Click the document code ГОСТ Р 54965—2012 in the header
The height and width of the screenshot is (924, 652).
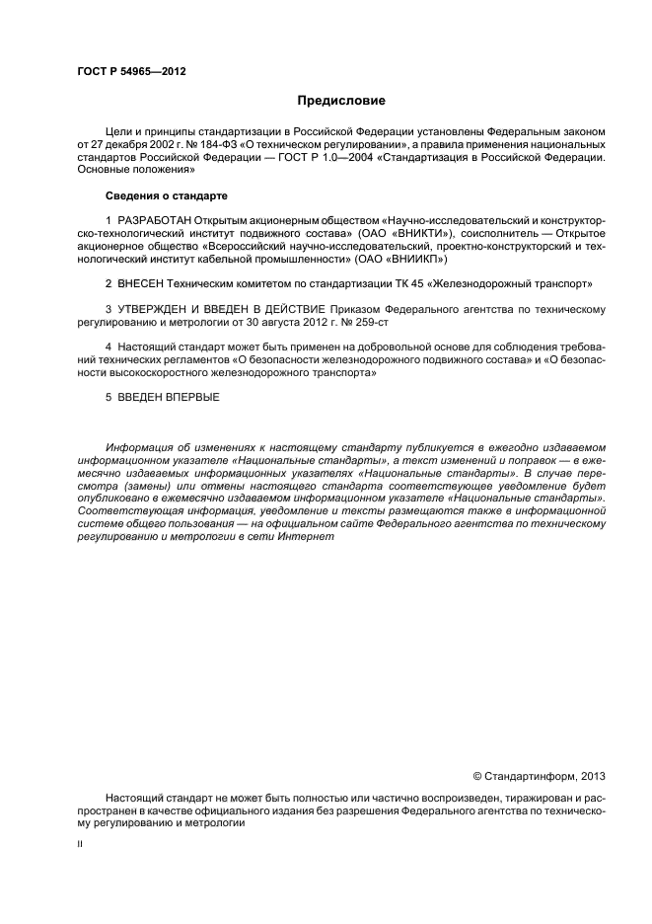click(x=131, y=72)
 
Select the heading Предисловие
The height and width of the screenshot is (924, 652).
click(x=342, y=101)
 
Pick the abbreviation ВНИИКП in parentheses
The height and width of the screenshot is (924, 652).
click(x=419, y=259)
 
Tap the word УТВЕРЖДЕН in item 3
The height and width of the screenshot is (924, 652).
click(x=152, y=309)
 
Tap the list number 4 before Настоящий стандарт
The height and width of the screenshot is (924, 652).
click(x=109, y=347)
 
